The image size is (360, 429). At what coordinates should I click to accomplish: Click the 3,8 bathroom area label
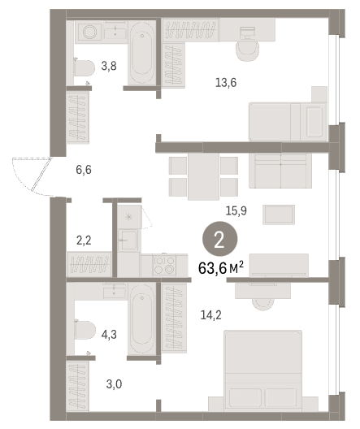point(109,66)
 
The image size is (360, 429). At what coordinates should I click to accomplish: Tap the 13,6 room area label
point(226,82)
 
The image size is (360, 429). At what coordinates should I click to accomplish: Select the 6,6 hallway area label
point(84,170)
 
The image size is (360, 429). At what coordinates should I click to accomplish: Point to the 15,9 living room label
point(236,210)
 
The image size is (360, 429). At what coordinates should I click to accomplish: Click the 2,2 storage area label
point(84,240)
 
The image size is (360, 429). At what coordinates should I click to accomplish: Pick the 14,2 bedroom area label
point(211,315)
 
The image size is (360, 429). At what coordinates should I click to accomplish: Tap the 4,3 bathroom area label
point(109,334)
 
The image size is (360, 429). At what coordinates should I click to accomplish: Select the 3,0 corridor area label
point(114,384)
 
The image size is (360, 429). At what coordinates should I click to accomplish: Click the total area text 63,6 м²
point(221,268)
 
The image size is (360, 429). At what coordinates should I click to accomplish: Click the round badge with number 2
point(219,239)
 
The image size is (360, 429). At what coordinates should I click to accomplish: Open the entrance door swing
point(32,176)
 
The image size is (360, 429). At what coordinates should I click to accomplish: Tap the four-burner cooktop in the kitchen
point(164,265)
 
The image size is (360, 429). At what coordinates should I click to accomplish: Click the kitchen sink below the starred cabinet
point(128,240)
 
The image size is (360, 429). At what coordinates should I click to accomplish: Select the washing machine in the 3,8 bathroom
point(89,32)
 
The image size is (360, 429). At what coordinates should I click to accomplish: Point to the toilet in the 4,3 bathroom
point(85,330)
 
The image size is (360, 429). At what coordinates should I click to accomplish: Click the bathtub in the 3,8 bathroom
point(141,53)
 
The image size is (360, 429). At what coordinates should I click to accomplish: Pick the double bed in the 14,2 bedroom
point(262,370)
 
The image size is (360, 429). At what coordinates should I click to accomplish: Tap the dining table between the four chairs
point(203,176)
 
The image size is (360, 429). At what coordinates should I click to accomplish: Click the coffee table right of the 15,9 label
point(279,214)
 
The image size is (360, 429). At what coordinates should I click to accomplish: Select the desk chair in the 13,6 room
point(247,51)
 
